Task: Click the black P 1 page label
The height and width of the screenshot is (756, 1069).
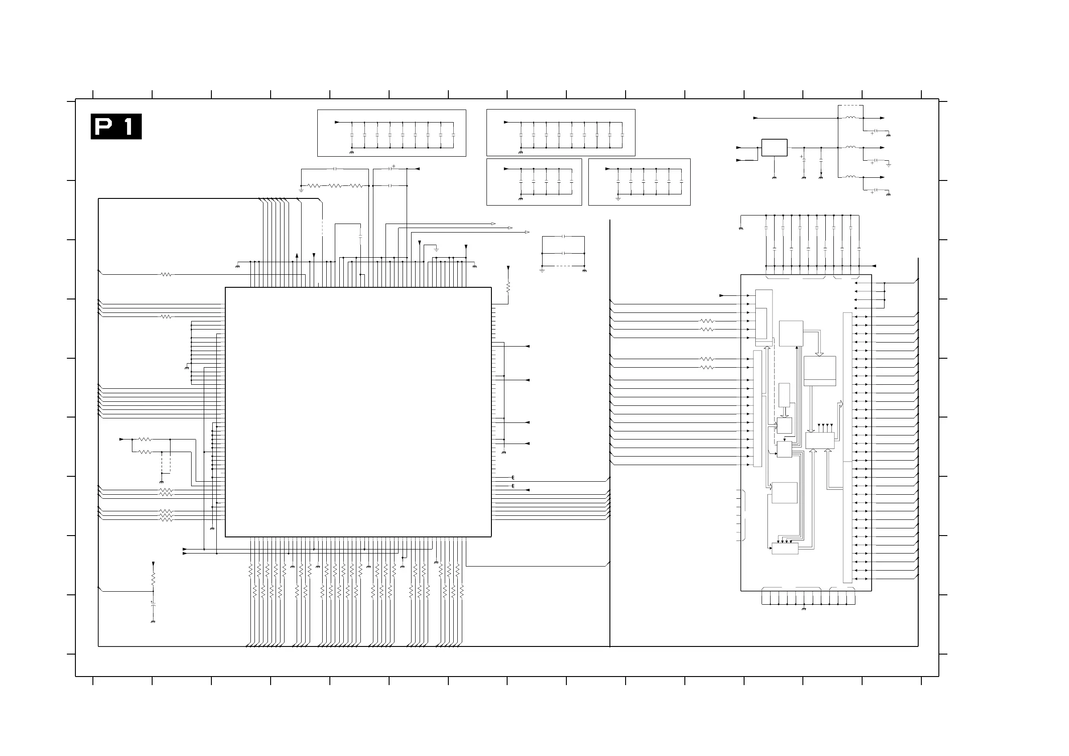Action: [x=116, y=126]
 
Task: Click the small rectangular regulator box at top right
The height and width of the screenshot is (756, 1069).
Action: [x=774, y=148]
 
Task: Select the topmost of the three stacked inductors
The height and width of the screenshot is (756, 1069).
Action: [x=850, y=118]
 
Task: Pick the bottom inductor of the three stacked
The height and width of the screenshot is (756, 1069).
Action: [x=850, y=177]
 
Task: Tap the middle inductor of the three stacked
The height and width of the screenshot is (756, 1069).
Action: [x=850, y=147]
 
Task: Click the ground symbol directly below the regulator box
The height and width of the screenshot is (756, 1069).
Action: [x=774, y=178]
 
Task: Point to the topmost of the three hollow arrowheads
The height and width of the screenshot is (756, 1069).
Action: [x=494, y=224]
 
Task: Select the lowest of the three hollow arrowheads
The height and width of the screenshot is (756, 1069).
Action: [x=527, y=232]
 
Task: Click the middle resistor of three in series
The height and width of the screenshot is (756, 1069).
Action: [x=335, y=186]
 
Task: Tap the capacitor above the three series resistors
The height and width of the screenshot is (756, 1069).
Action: [x=335, y=169]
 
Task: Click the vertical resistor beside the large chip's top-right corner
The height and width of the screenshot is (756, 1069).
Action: [x=508, y=286]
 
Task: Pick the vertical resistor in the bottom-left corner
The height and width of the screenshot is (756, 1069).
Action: [x=153, y=579]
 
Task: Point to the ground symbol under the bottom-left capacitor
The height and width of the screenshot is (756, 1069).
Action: [x=153, y=622]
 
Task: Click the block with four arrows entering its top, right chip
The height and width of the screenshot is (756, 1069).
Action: [x=819, y=441]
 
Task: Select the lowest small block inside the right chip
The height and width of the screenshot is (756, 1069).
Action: [x=784, y=548]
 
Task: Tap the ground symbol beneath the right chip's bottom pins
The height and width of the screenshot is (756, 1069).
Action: [x=804, y=609]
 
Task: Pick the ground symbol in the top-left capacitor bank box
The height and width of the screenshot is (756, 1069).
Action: [x=351, y=153]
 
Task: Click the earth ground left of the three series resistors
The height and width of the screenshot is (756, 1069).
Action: [x=301, y=190]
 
